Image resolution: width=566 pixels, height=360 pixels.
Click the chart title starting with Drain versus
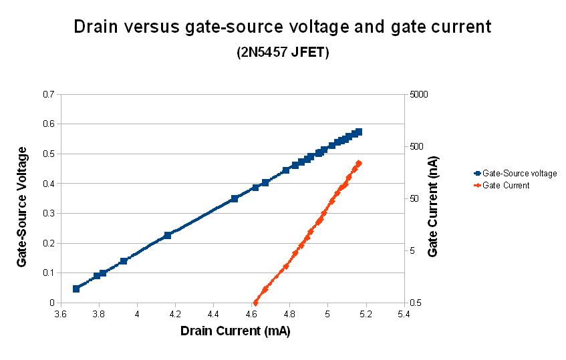[x=283, y=27]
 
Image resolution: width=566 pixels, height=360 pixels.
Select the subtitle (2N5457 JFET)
[x=283, y=53]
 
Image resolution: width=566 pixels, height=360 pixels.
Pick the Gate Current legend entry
[x=506, y=186]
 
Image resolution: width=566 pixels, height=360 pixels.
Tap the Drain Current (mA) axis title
[x=235, y=331]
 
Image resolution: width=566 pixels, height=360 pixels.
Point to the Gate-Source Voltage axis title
[x=22, y=207]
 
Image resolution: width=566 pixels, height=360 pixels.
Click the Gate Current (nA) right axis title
[x=434, y=207]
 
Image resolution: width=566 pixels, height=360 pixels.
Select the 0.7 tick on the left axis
[x=47, y=94]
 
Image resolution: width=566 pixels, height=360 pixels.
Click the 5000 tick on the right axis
[x=419, y=94]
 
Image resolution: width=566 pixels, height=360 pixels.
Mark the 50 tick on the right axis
[x=415, y=199]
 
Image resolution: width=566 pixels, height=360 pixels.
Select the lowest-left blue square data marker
[x=76, y=289]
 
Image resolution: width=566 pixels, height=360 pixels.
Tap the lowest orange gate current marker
[x=255, y=303]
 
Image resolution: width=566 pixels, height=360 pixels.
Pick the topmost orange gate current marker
[x=359, y=164]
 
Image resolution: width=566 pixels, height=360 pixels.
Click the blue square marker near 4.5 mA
[x=235, y=198]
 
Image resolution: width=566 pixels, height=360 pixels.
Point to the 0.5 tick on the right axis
[x=416, y=303]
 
